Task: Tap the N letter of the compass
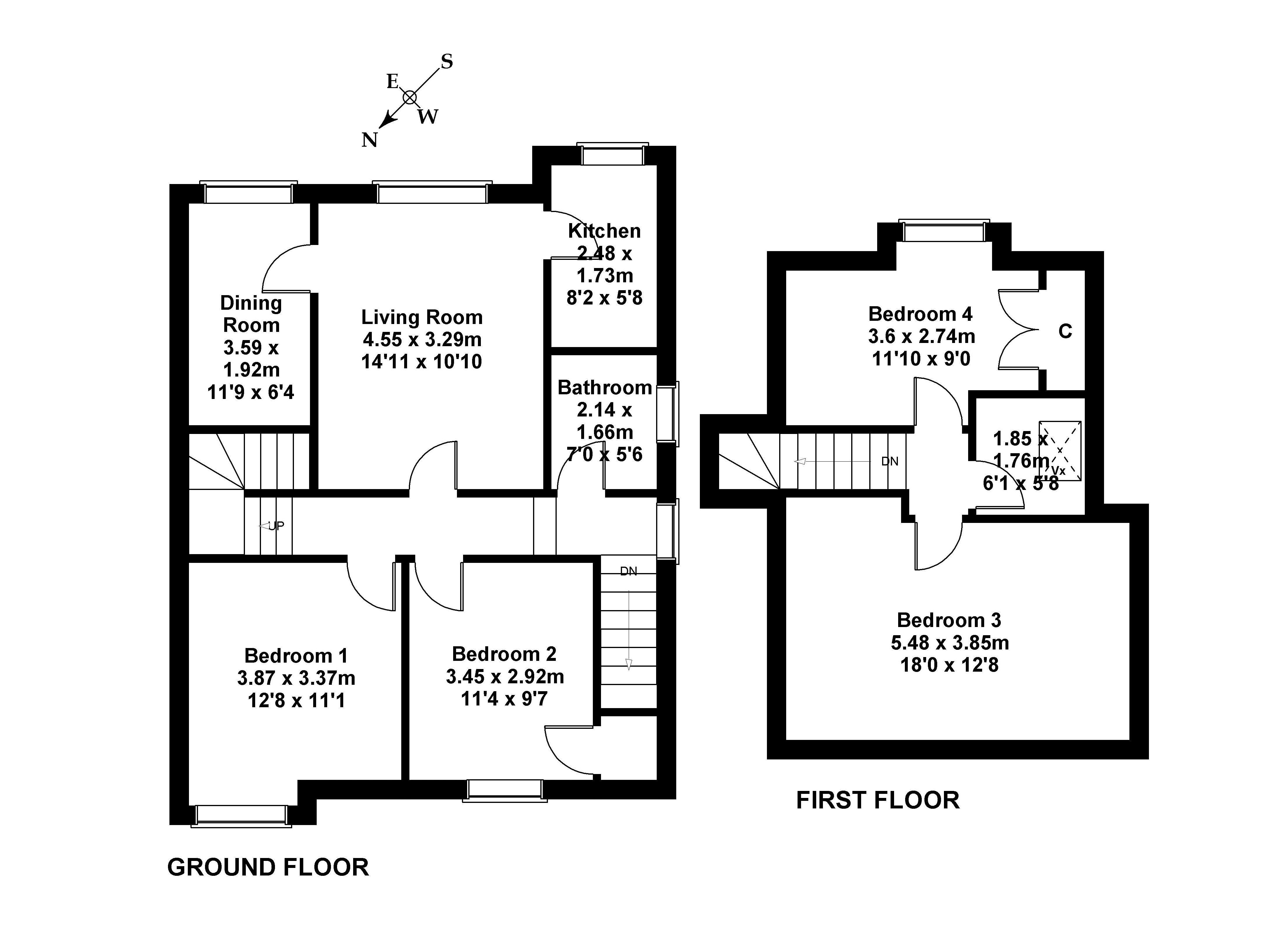coord(369,140)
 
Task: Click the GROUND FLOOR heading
coord(268,867)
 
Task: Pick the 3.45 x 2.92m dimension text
coord(504,677)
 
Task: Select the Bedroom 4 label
coord(920,314)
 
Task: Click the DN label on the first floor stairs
coord(890,461)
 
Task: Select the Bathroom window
coord(667,413)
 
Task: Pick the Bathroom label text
coord(605,388)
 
